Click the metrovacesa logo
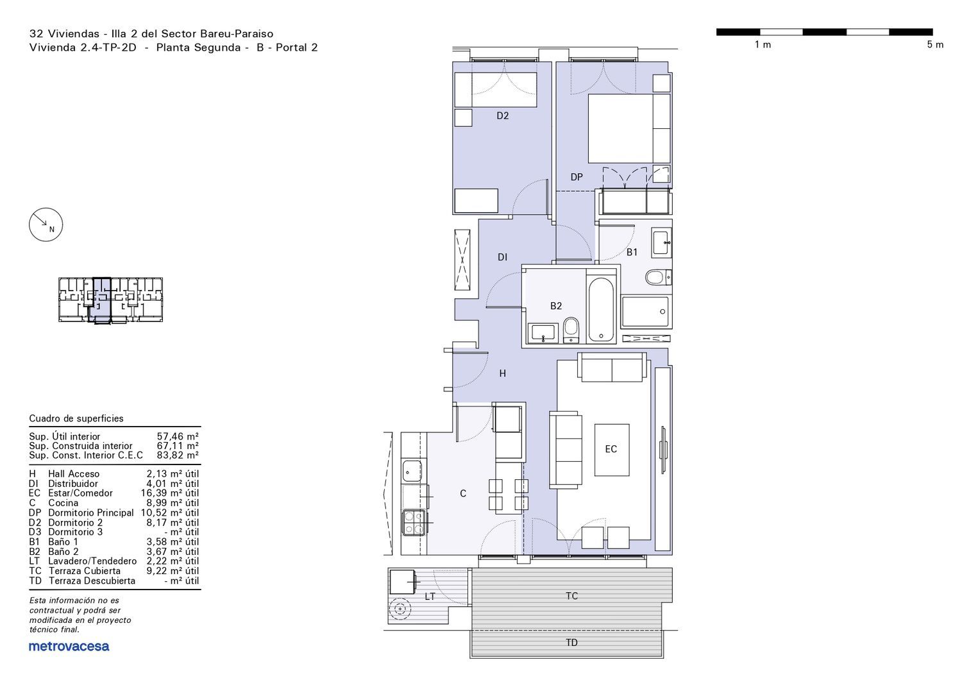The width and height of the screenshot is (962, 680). point(69,646)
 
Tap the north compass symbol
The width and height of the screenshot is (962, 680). point(46,225)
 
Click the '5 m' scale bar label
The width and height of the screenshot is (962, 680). point(935,45)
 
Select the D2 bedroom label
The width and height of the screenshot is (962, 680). point(502,115)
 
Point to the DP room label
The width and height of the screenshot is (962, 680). point(577,177)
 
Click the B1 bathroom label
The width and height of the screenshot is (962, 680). point(632,252)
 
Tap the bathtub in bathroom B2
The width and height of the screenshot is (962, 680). point(601,309)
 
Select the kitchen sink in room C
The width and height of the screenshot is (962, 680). point(412,470)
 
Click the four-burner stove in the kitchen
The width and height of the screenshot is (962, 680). point(414,522)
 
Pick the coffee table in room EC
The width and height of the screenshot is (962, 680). point(612,450)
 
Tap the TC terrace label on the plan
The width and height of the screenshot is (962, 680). point(571,596)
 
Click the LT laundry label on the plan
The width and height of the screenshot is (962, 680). point(430,596)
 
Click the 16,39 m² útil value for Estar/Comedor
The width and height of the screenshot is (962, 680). point(170,493)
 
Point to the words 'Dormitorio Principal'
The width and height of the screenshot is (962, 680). point(90,513)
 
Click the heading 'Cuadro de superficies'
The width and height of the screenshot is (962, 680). point(76,418)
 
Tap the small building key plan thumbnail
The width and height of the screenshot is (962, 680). point(110,300)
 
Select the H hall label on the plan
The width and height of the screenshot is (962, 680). point(502,373)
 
